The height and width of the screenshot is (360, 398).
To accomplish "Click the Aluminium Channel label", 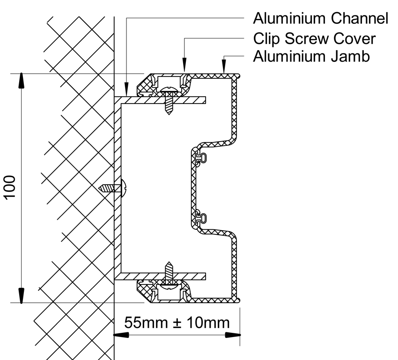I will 320,19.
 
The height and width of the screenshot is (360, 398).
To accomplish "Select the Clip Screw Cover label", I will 314,38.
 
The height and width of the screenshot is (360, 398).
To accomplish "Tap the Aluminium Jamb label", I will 311,57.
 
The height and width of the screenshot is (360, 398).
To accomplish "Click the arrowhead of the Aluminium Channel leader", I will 126,91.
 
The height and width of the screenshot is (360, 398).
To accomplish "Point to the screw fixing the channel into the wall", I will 112,188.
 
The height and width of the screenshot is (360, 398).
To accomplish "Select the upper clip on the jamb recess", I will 201,157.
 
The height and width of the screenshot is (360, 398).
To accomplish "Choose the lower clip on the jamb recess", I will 201,217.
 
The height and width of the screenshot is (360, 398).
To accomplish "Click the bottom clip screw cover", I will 164,291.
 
